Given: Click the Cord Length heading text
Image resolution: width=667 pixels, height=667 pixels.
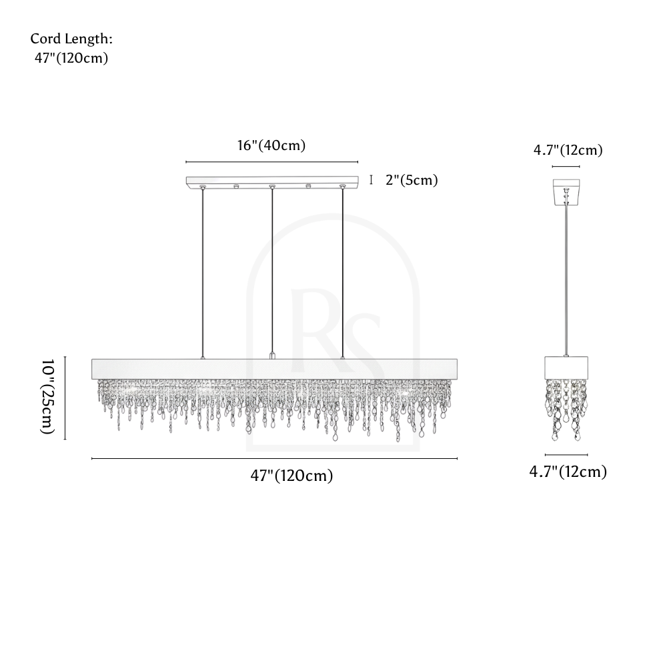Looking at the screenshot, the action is coord(71,39).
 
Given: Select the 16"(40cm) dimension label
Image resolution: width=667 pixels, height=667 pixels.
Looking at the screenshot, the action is coord(271,145).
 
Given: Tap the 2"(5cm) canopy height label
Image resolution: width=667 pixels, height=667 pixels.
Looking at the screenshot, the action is coord(412,180).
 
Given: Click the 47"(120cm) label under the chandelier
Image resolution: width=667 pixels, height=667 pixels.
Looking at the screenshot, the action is coord(291,476).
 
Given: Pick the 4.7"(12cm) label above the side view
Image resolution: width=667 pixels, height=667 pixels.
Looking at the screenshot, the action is coord(568,150).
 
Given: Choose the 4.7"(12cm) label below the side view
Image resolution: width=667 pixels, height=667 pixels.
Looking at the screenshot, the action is coord(568,472).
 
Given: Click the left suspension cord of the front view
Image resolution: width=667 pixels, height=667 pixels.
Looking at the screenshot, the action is coord(203,273).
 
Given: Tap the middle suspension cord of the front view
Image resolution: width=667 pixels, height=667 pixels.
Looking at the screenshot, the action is coord(272,271).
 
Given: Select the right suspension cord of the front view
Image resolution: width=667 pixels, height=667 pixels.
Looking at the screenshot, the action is coord(342,273).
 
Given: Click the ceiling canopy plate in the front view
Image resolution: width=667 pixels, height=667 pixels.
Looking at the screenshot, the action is coord(272,181).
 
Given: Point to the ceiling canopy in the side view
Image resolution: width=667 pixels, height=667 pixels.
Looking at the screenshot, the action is coord(566,191).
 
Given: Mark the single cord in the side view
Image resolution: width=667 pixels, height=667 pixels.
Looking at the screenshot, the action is coord(566,280).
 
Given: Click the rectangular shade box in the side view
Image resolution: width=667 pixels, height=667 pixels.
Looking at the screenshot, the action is coord(566,368).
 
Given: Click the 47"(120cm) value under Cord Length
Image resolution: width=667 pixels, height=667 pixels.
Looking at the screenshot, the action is coord(71,58).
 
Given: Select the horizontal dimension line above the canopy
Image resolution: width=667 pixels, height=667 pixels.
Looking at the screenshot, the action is coord(272,162).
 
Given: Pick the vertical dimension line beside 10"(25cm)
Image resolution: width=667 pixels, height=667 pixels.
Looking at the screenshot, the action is coord(65,398).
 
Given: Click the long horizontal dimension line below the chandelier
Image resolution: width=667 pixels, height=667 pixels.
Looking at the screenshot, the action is coord(274,459).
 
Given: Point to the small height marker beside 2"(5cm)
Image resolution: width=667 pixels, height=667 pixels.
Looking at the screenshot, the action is coord(371,180).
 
